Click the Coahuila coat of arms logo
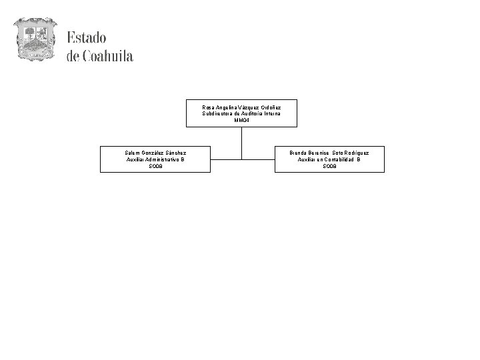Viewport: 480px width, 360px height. [36, 39]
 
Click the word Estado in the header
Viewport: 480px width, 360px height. [86, 38]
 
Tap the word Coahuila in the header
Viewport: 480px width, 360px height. [108, 56]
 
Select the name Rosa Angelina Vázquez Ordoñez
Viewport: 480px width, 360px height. [241, 107]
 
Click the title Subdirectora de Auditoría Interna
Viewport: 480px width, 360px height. [241, 114]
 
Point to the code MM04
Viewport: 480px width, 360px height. [241, 121]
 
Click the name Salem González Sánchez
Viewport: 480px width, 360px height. [155, 153]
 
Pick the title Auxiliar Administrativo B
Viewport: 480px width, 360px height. [155, 159]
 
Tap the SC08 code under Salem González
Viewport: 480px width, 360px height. [155, 166]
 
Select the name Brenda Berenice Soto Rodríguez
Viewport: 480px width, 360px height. [329, 153]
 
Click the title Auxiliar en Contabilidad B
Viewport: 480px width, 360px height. [329, 159]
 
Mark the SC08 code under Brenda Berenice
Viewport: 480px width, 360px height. [329, 166]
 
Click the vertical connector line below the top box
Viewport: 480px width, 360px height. [241, 141]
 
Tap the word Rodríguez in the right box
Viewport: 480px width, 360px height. [354, 153]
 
